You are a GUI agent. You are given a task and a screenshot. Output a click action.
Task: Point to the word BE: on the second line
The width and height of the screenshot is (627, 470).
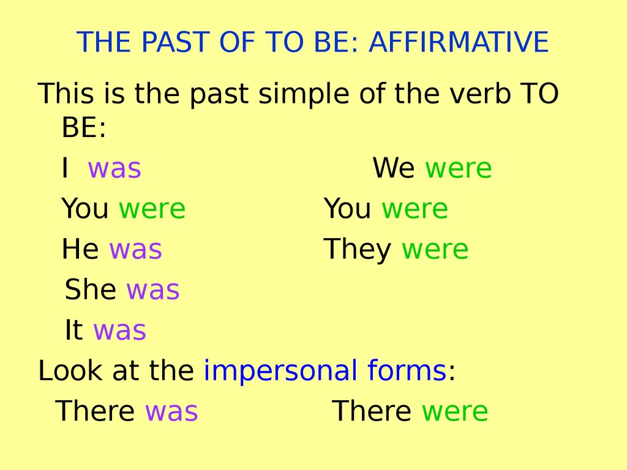click(x=84, y=129)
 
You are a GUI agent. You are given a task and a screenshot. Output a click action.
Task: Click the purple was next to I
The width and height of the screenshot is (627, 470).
click(x=115, y=169)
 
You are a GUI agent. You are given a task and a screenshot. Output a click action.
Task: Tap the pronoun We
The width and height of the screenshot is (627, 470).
click(x=394, y=169)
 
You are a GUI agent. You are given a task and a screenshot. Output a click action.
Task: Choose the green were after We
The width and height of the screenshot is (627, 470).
click(x=459, y=169)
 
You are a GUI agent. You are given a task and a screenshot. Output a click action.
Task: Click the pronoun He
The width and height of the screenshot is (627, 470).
click(x=80, y=250)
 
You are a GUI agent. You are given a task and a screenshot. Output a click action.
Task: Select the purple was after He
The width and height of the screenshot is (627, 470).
click(x=135, y=250)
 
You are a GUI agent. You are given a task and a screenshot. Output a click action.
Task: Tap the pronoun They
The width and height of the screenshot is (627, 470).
click(x=358, y=250)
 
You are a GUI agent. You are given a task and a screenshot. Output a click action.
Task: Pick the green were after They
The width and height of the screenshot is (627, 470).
click(x=435, y=250)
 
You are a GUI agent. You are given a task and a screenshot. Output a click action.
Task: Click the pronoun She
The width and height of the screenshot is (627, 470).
click(x=91, y=290)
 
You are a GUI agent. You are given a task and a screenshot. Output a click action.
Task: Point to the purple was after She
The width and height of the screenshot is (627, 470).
click(x=153, y=290)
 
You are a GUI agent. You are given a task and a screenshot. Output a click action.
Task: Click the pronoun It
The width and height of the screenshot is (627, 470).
click(x=73, y=330)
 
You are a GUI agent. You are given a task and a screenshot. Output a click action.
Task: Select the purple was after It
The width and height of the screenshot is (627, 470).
click(x=119, y=330)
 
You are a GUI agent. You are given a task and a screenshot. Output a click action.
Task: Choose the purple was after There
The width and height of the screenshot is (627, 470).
click(x=171, y=411)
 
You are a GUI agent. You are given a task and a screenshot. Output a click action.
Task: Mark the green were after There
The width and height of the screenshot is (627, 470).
click(x=455, y=411)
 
